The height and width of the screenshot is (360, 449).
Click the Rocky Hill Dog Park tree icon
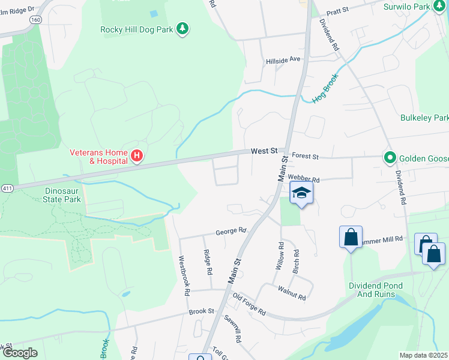tap(183, 29)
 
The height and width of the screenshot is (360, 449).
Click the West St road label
tap(264, 151)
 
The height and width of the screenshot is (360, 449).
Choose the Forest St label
tap(304, 156)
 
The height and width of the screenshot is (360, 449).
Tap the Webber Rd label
tap(303, 179)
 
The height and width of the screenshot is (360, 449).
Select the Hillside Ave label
tap(283, 61)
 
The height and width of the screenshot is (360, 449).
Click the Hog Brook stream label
tap(326, 88)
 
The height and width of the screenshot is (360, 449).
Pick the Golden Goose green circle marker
tap(390, 158)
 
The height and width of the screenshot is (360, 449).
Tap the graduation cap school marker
tap(302, 193)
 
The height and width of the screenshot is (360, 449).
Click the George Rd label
tap(231, 230)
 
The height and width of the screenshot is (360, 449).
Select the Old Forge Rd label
tap(249, 305)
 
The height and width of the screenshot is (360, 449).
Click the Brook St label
tap(201, 311)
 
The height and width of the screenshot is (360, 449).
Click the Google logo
tap(20, 353)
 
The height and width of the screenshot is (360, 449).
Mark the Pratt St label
tap(337, 11)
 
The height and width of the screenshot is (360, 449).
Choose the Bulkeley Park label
tap(424, 118)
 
